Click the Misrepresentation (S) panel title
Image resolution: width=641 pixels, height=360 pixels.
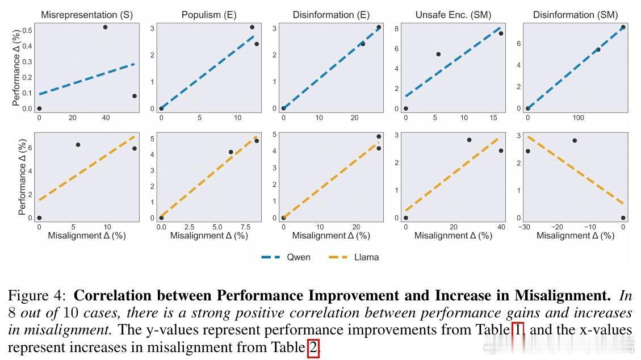click(87, 15)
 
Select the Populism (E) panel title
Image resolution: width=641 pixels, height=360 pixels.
click(208, 15)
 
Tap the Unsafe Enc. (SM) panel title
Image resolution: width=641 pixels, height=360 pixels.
click(453, 15)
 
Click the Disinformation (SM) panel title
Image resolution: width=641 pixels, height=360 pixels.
click(575, 15)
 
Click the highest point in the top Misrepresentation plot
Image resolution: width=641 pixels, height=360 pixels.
click(105, 27)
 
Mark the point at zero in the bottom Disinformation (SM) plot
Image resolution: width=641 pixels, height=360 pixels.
click(623, 218)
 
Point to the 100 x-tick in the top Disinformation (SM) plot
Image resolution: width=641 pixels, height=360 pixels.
click(578, 118)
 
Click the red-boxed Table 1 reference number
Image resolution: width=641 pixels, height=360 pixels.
click(517, 330)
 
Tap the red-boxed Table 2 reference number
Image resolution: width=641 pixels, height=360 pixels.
click(313, 347)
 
